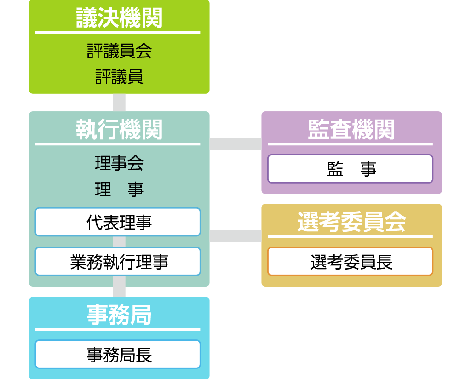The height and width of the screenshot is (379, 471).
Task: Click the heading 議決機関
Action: click(119, 18)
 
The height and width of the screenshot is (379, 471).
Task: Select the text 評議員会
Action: click(119, 51)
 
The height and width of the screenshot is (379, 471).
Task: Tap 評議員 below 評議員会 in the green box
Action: click(119, 76)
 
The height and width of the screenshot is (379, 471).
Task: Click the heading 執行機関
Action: click(119, 130)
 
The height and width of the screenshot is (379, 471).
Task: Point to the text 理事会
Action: click(119, 163)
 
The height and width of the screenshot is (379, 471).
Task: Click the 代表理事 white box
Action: click(118, 222)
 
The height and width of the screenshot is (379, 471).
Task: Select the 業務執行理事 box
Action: click(118, 262)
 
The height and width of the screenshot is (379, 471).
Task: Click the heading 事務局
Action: click(119, 316)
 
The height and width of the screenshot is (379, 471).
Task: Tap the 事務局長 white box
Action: click(118, 354)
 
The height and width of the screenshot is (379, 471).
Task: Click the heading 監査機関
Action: click(351, 130)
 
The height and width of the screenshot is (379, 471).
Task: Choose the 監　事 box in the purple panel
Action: click(350, 169)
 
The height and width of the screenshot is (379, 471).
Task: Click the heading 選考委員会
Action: click(351, 223)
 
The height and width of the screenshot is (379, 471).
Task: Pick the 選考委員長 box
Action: click(350, 262)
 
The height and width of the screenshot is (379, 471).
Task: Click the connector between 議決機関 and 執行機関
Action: click(119, 103)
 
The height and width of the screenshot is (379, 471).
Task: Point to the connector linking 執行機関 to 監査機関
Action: click(235, 144)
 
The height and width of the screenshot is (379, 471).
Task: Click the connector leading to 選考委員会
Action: click(235, 236)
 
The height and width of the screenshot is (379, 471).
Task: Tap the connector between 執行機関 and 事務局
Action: click(119, 292)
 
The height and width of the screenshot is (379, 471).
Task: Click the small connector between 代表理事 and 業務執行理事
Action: click(119, 242)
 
